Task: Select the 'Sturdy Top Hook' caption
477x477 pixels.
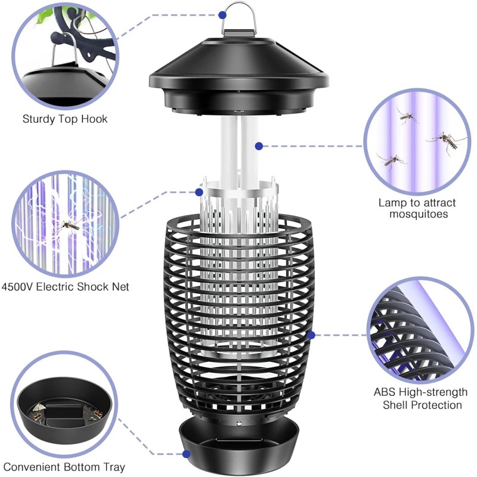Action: tap(65, 119)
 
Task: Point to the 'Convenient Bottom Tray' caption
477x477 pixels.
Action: tap(64, 467)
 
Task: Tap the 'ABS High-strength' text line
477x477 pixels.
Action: tap(420, 392)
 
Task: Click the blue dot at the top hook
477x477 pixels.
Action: tap(222, 14)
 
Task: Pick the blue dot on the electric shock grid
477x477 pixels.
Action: tap(199, 192)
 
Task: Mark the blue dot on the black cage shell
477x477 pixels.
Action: tap(310, 336)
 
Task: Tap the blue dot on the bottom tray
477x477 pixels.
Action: tap(187, 454)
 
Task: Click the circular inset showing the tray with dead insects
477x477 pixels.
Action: tap(64, 406)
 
